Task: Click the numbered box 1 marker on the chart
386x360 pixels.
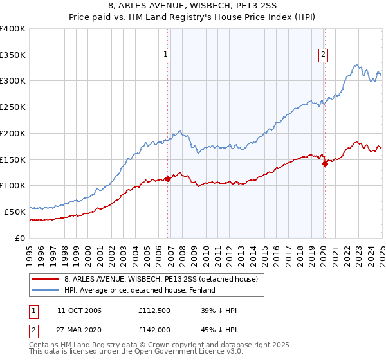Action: [166, 55]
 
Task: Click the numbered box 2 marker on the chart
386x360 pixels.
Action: [323, 55]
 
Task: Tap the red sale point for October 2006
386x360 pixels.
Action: [168, 179]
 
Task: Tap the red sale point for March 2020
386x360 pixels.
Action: [325, 163]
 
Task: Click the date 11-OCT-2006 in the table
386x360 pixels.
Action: [79, 310]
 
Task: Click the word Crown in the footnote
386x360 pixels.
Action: [147, 346]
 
